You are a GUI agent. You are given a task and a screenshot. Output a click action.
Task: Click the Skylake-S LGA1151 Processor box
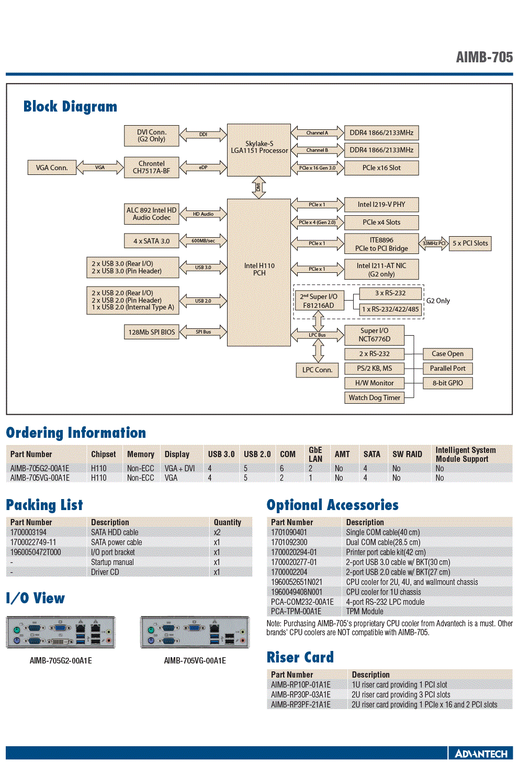259,150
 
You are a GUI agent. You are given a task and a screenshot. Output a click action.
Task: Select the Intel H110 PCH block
259,272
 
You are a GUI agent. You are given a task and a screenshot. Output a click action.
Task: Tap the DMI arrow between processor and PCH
258,187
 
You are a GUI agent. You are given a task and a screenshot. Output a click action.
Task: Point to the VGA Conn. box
52,168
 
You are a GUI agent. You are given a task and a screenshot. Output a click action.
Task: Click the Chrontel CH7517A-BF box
152,167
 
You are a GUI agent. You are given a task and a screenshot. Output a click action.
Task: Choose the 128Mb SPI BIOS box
152,332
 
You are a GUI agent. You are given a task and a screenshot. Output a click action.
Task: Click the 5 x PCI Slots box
470,244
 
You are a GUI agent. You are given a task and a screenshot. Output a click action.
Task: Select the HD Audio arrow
203,214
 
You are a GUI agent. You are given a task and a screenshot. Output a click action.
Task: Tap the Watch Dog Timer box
374,397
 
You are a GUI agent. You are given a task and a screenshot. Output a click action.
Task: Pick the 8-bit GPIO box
448,383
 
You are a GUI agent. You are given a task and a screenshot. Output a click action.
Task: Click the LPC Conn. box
318,370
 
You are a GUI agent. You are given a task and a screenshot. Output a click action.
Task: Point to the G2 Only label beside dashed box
438,301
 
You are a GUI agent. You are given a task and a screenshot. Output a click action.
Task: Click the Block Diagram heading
70,106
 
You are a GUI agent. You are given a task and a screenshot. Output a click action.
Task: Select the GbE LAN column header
315,455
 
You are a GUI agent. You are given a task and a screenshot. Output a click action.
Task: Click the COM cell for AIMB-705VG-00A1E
282,478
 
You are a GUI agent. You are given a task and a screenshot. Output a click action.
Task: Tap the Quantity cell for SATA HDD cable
217,532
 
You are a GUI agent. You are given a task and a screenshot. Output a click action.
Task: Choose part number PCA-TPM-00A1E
296,611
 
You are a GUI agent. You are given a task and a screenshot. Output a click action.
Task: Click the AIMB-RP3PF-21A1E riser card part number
300,704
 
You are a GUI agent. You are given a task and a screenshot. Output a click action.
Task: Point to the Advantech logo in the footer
481,754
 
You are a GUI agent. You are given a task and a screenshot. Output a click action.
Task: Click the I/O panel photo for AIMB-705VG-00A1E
195,632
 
